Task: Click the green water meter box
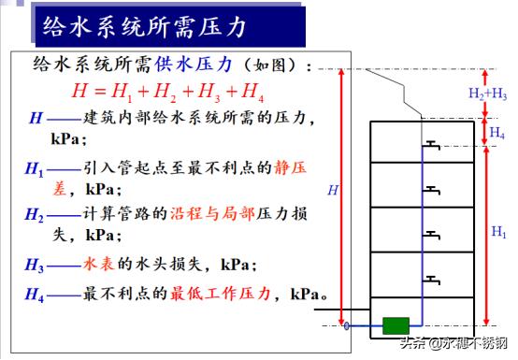click(x=396, y=326)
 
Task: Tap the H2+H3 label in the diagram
click(x=487, y=94)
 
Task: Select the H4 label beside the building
click(x=497, y=134)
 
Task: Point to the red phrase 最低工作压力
click(x=221, y=295)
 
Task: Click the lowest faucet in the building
click(x=431, y=278)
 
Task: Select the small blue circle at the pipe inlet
click(x=347, y=326)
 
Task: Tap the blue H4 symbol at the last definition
click(x=34, y=295)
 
